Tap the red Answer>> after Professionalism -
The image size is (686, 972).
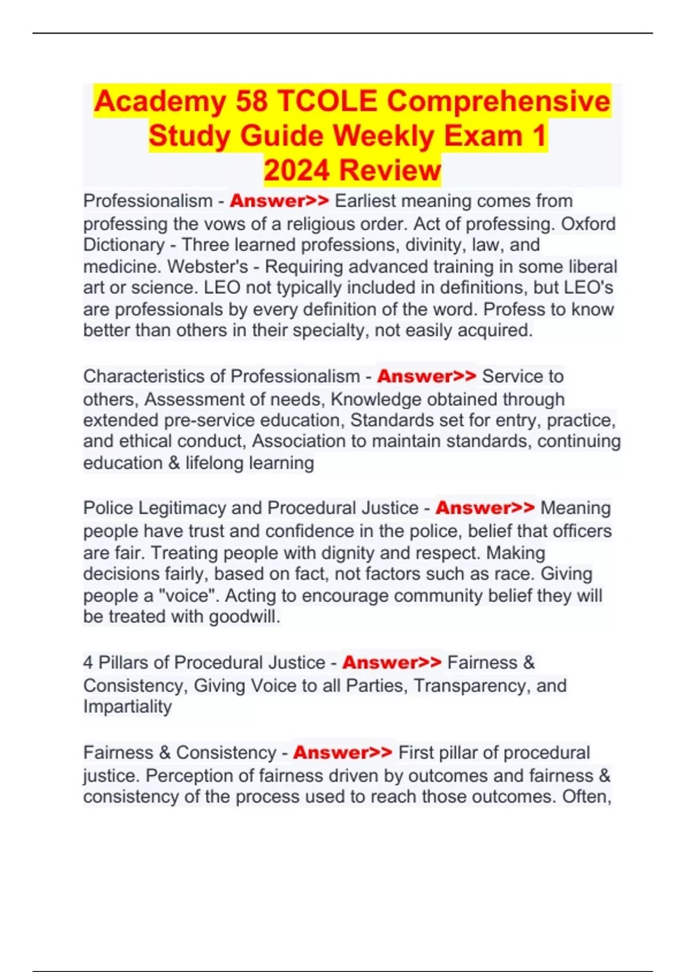tap(280, 201)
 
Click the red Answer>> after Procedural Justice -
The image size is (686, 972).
tap(485, 508)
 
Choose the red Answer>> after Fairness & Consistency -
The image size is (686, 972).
tap(342, 752)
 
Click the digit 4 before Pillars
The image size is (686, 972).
tap(88, 663)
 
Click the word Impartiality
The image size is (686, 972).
tap(127, 707)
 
